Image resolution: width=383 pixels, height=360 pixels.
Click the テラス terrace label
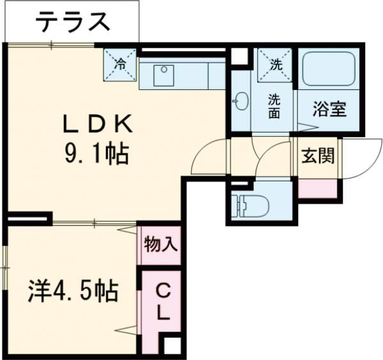(x=71, y=22)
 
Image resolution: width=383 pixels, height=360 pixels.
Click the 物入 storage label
(x=160, y=244)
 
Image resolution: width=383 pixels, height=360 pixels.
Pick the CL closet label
(x=163, y=303)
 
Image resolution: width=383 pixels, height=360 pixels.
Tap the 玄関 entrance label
(x=317, y=156)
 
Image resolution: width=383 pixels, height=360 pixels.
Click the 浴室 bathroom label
(x=329, y=109)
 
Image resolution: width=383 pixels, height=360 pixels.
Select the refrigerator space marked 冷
(x=121, y=64)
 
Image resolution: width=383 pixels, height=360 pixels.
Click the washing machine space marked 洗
(x=274, y=64)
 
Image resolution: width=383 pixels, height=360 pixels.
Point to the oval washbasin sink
(x=241, y=101)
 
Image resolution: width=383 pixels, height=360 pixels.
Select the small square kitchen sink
(x=164, y=70)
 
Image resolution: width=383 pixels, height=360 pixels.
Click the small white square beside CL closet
(x=171, y=346)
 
